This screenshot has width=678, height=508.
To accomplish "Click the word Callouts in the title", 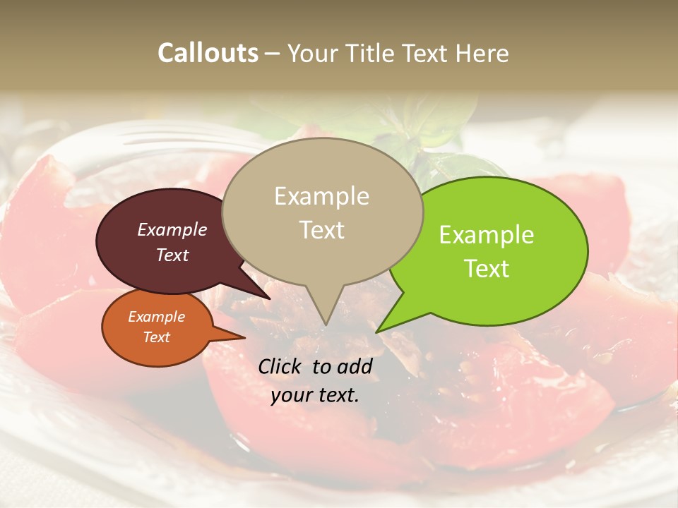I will pos(208,53).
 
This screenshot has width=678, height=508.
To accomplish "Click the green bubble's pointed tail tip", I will pos(377,332).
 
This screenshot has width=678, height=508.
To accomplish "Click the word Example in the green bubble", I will pos(487,235).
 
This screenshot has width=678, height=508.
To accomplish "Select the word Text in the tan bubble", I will pos(321,230).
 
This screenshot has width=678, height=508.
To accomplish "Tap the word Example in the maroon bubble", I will pos(172,229).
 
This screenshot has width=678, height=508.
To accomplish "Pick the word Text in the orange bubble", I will pos(156,337).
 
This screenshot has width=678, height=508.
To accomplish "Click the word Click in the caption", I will pos(281,366).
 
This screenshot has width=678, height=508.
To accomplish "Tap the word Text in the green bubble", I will pos(487,269).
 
